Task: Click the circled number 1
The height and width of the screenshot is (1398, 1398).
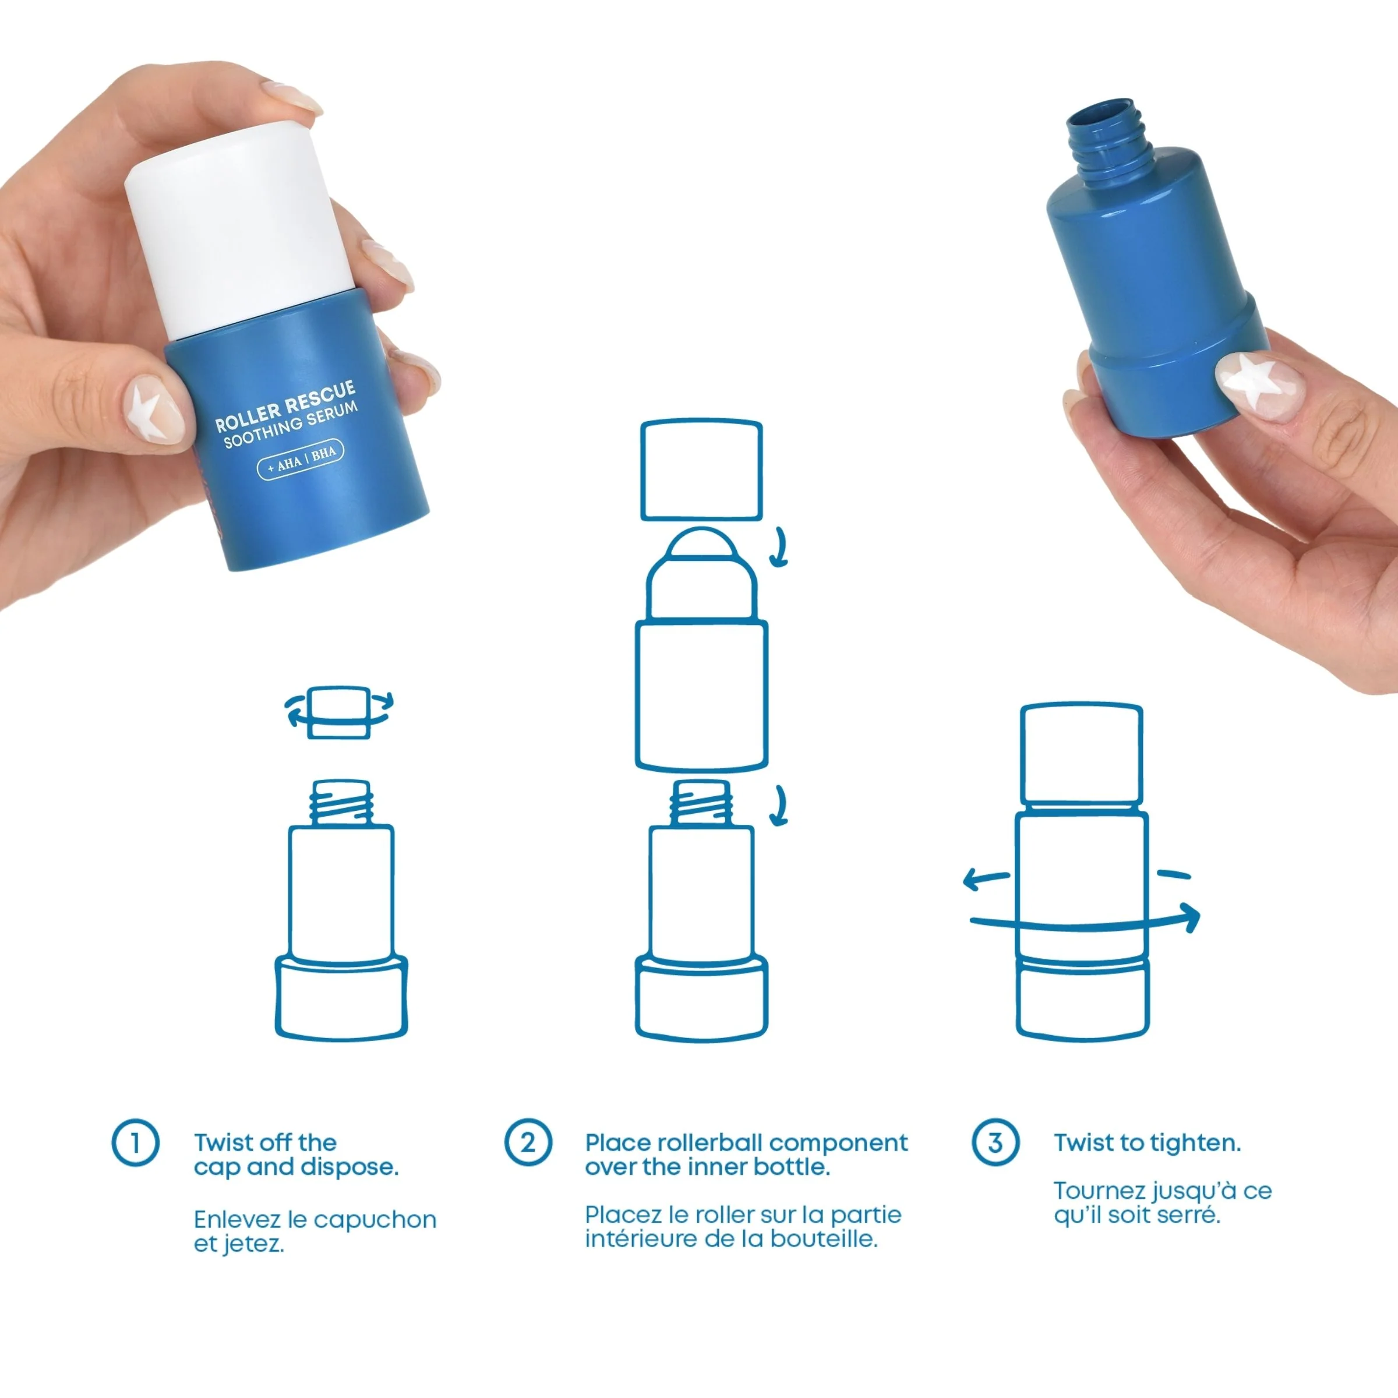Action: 135,1143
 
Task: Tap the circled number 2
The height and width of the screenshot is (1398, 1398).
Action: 528,1143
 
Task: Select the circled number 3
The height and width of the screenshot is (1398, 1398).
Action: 995,1143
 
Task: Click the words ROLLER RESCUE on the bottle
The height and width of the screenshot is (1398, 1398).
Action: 285,407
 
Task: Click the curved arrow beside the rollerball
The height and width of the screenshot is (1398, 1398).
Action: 779,548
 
